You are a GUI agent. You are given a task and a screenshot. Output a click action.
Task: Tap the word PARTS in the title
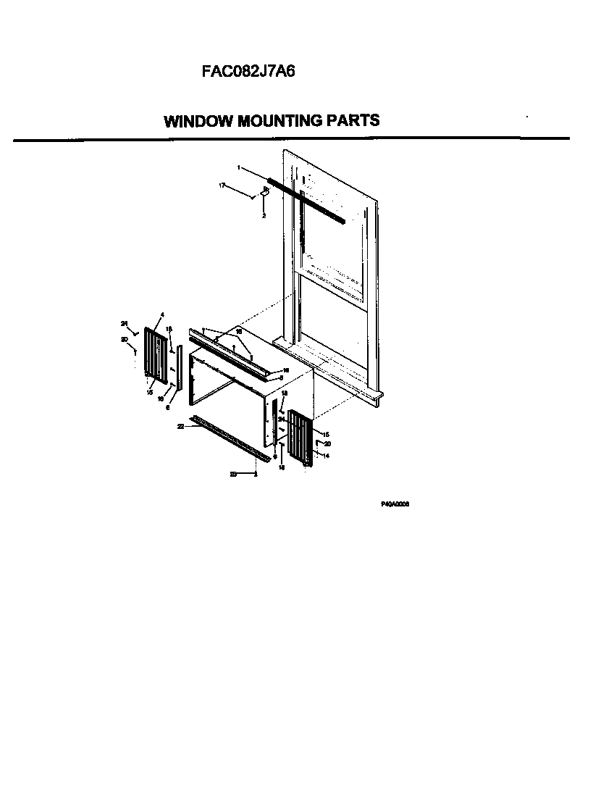pyautogui.click(x=354, y=121)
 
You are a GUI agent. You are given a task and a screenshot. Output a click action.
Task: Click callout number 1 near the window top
pyautogui.click(x=239, y=167)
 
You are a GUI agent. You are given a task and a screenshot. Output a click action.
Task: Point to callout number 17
pyautogui.click(x=222, y=186)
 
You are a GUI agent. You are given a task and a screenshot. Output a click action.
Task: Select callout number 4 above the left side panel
pyautogui.click(x=162, y=314)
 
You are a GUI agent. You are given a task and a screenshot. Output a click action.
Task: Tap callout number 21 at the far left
pyautogui.click(x=124, y=323)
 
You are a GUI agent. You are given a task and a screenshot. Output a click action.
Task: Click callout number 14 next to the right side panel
pyautogui.click(x=326, y=456)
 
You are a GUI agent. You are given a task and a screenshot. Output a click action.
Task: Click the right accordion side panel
pyautogui.click(x=299, y=437)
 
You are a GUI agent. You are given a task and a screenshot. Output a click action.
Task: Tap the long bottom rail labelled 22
pyautogui.click(x=230, y=438)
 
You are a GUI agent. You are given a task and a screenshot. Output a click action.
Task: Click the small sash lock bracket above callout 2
pyautogui.click(x=265, y=193)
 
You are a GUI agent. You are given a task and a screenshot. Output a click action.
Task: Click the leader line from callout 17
pyautogui.click(x=239, y=191)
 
